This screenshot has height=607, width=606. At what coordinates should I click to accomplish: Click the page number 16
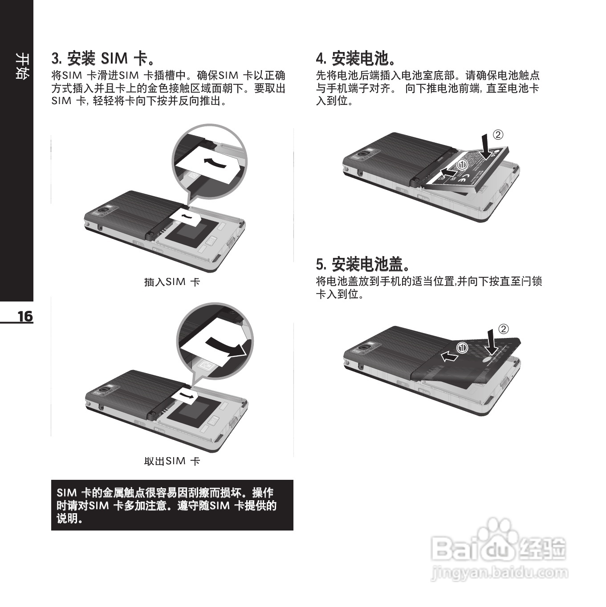point(25,316)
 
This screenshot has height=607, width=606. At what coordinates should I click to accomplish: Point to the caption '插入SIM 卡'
point(172,282)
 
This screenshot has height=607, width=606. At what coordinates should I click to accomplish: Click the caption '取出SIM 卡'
point(172,461)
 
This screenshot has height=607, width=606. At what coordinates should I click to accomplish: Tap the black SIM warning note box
point(172,505)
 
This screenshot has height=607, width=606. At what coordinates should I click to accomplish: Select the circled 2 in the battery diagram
point(498,135)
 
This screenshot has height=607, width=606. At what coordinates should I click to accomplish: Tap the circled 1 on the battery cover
point(463,348)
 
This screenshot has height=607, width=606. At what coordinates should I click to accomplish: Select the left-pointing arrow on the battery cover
point(450,356)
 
